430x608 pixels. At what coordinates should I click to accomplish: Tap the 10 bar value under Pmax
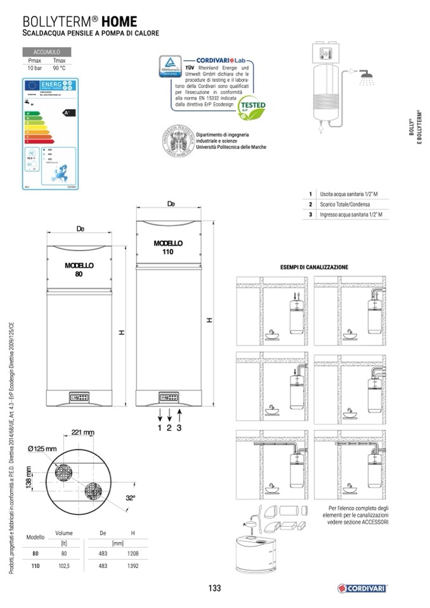(x=34, y=67)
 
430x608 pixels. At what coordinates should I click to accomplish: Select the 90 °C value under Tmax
(x=60, y=67)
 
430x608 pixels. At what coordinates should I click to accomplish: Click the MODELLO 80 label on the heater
(x=79, y=269)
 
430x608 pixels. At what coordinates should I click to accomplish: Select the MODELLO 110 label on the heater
(x=168, y=247)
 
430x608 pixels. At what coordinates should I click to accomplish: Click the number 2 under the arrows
(x=169, y=428)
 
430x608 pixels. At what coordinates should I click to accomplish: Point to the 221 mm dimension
(x=82, y=432)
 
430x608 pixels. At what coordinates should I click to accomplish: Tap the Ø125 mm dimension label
(x=42, y=450)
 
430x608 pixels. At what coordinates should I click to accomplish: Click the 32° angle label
(x=130, y=498)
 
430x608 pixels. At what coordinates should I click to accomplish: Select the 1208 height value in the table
(x=133, y=553)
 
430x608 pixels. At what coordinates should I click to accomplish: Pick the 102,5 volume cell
(x=63, y=566)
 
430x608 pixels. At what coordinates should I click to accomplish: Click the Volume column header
(x=64, y=533)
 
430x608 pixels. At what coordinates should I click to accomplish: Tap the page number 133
(x=214, y=588)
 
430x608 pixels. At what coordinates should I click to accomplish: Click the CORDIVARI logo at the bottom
(x=362, y=588)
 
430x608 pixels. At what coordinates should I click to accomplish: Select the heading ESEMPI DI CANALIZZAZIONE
(x=314, y=268)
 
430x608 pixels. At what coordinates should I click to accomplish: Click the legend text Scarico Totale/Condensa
(x=344, y=205)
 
